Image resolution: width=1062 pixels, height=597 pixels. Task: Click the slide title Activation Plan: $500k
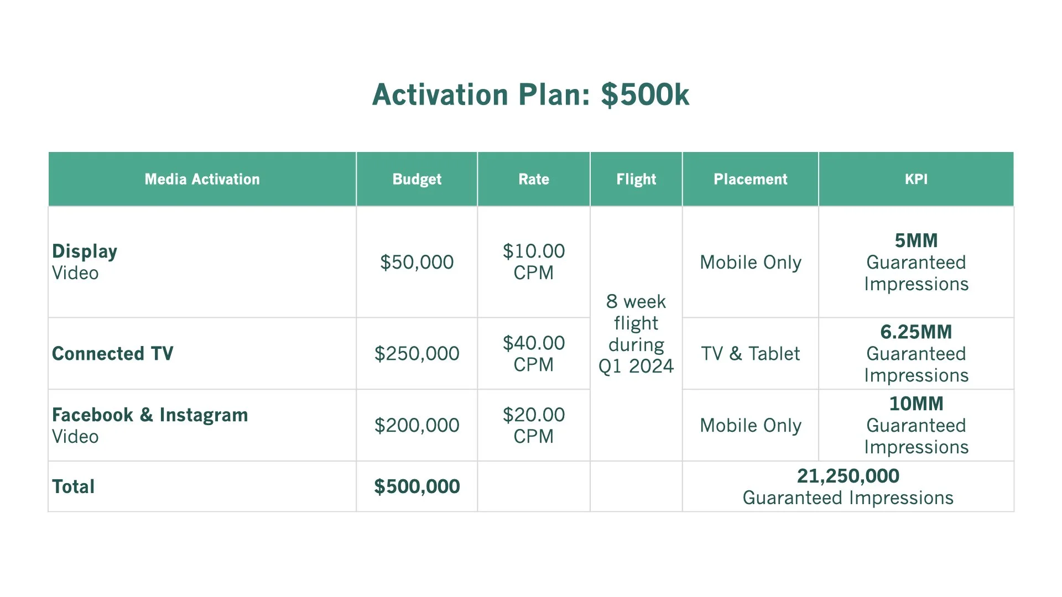click(x=530, y=95)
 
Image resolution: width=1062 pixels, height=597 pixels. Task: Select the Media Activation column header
click(x=202, y=179)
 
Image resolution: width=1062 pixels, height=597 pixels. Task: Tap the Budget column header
click(x=417, y=179)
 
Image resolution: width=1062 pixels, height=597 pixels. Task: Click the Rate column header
click(x=533, y=179)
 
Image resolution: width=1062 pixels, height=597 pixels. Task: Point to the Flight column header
click(x=636, y=179)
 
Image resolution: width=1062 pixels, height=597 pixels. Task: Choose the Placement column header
click(x=750, y=179)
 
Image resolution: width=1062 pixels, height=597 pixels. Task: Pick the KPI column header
click(x=916, y=179)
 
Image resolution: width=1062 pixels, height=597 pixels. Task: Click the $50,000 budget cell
click(x=417, y=262)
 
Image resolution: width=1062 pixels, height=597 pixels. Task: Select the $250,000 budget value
click(x=417, y=354)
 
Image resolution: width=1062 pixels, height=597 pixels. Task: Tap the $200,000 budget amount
click(x=417, y=426)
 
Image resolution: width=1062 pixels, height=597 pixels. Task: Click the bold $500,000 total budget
click(x=417, y=486)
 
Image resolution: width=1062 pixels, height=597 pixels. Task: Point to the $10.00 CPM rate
click(x=533, y=262)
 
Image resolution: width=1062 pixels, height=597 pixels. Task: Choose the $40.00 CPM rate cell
click(x=533, y=354)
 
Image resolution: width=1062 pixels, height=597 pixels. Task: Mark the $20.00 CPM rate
click(x=533, y=426)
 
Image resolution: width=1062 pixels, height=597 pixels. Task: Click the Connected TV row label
click(x=112, y=354)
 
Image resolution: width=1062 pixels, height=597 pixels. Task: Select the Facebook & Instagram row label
click(x=150, y=415)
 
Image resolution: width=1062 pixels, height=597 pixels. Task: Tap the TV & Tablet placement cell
click(x=750, y=354)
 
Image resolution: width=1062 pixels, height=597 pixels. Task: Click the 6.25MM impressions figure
click(x=916, y=332)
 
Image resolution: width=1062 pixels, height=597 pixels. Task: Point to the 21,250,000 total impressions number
click(x=848, y=476)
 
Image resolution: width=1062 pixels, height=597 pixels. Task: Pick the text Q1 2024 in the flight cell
click(x=636, y=366)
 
